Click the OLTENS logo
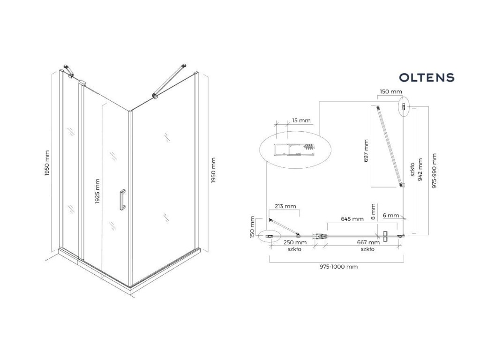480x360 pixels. click(426, 77)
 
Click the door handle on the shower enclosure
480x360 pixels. click(122, 200)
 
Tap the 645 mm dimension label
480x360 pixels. click(352, 219)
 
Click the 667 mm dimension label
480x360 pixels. click(367, 243)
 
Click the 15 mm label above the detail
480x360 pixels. click(300, 121)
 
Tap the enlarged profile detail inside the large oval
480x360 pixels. click(295, 150)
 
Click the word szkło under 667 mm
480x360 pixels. click(367, 249)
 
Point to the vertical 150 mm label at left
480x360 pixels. click(253, 227)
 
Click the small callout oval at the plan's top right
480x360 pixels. click(404, 107)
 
